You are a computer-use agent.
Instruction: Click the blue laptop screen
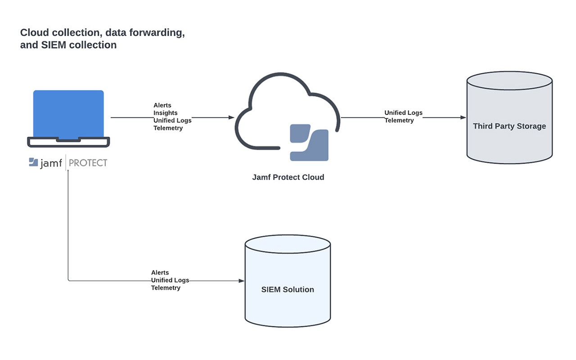point(68,113)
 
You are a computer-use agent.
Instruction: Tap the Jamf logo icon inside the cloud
point(309,142)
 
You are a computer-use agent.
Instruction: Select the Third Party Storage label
point(509,126)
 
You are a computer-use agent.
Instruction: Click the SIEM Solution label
point(288,289)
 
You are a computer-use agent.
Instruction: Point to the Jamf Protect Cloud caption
point(288,177)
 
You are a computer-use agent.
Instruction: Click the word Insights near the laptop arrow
point(166,113)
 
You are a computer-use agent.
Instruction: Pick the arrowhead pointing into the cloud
point(232,117)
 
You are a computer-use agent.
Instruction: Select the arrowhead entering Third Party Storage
point(463,117)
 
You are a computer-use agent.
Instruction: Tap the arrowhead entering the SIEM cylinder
point(242,281)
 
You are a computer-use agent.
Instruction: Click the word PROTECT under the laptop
point(88,163)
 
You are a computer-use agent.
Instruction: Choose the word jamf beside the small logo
point(51,163)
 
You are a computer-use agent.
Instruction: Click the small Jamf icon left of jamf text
point(33,162)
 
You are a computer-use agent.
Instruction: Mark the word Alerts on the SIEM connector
point(160,273)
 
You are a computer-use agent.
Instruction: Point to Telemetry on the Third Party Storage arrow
point(399,121)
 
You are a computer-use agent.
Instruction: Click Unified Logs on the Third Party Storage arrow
point(403,113)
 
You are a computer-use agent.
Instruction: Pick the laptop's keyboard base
point(68,142)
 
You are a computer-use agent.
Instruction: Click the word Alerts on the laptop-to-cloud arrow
point(162,105)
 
